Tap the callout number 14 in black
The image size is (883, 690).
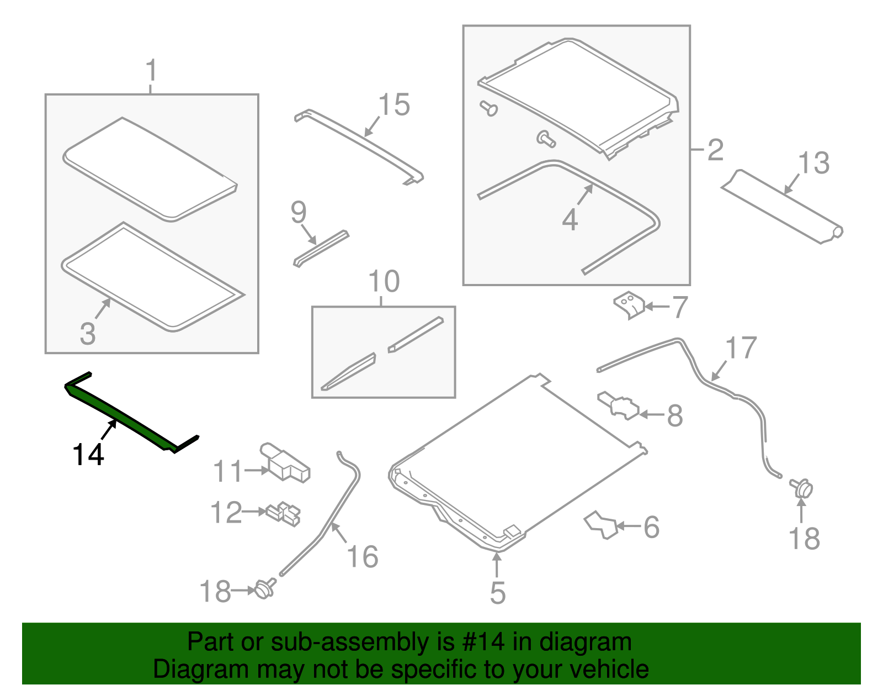point(88,455)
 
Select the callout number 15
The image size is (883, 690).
point(394,104)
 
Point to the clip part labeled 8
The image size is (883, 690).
point(619,406)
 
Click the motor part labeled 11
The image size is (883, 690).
point(285,462)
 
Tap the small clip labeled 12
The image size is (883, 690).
point(283,513)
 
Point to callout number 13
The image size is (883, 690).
point(813,163)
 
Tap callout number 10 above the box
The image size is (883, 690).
point(384,282)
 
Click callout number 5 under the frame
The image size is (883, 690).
point(497,592)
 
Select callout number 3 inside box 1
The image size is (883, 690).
point(88,333)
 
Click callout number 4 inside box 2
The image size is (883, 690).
point(570,219)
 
